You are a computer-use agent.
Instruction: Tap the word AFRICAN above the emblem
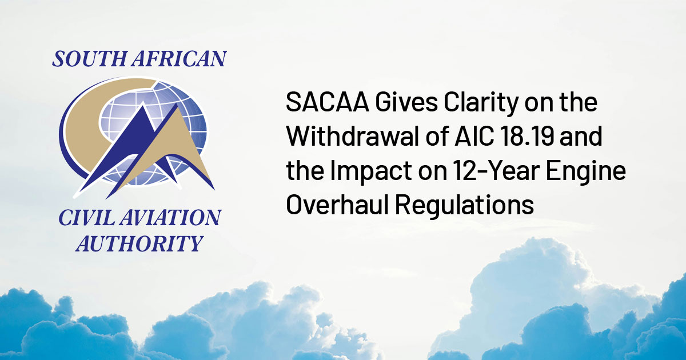point(180,58)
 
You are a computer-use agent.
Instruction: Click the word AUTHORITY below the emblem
point(139,243)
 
